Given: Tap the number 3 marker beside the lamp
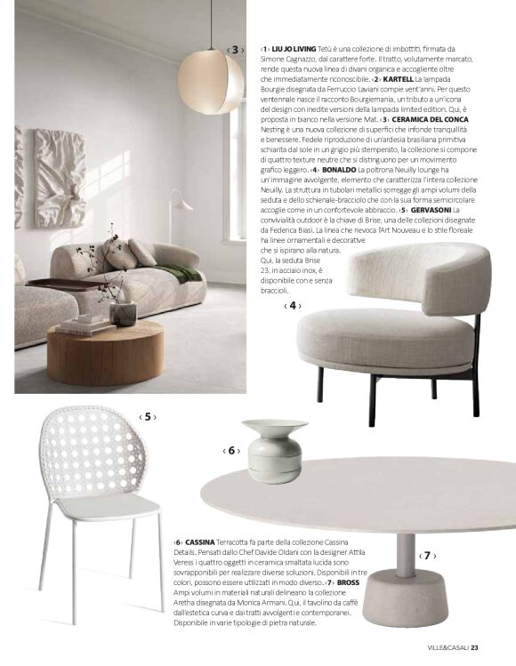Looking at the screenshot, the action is tap(235, 50).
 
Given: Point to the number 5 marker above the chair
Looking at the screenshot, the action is tap(148, 416).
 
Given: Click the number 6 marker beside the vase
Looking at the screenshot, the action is tap(231, 451).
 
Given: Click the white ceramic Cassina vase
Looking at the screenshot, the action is tap(274, 449).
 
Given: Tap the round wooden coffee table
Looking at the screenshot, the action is tap(105, 349).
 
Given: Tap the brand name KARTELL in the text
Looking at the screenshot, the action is tap(401, 78).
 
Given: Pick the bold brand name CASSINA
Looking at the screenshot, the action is tap(201, 542).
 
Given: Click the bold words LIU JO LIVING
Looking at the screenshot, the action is tap(294, 48).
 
